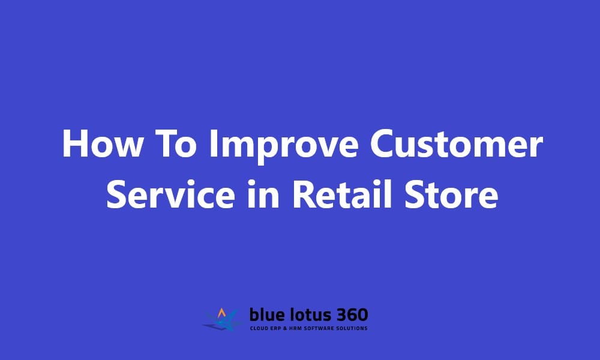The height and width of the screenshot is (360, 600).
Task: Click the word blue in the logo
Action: click(x=267, y=315)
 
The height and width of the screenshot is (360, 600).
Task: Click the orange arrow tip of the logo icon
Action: click(x=222, y=311)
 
